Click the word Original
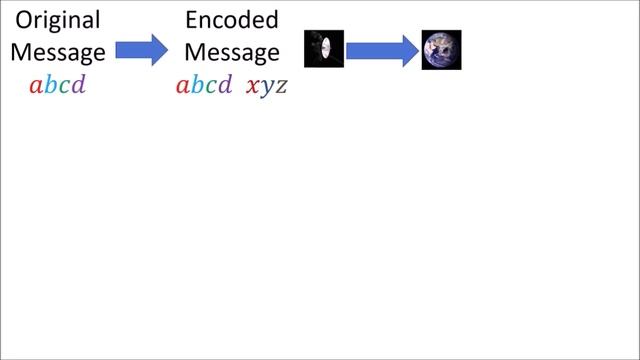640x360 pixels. click(x=57, y=21)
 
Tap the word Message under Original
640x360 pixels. click(x=57, y=52)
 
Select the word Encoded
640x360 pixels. click(x=231, y=21)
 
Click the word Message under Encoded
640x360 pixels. click(x=231, y=52)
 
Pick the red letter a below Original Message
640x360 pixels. click(x=36, y=86)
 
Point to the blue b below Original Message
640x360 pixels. click(x=50, y=85)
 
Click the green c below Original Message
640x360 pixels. click(x=64, y=86)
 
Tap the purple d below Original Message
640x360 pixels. click(x=78, y=85)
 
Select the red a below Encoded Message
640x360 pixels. click(x=183, y=86)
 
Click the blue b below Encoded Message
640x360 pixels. click(x=197, y=85)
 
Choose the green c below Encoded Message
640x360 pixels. click(x=211, y=86)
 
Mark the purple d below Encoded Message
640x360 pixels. click(x=225, y=85)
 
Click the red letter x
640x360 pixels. click(x=252, y=86)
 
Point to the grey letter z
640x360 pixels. click(x=281, y=86)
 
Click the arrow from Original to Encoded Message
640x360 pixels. click(x=143, y=49)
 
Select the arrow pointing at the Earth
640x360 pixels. click(x=381, y=49)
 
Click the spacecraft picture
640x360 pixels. click(x=324, y=49)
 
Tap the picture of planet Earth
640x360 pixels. click(x=441, y=49)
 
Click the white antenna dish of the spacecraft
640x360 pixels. click(x=326, y=49)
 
